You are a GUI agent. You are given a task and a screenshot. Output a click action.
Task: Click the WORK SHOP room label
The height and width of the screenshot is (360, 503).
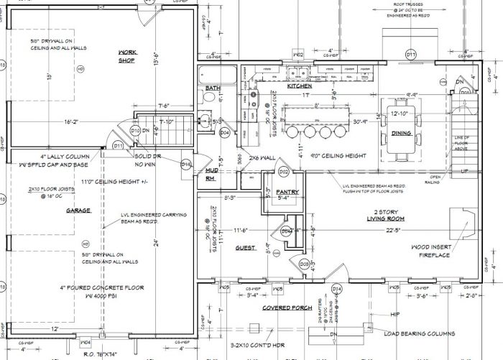pyautogui.click(x=126, y=56)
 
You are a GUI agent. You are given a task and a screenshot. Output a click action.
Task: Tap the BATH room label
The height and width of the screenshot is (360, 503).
pyautogui.click(x=213, y=88)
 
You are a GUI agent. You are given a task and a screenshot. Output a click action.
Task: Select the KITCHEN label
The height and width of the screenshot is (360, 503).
pyautogui.click(x=299, y=86)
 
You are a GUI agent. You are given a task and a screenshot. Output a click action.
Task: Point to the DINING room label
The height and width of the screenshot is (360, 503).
pyautogui.click(x=402, y=133)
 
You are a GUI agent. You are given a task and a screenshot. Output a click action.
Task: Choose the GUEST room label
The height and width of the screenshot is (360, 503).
pyautogui.click(x=246, y=248)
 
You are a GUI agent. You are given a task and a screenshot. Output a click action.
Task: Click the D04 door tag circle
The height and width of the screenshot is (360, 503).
pyautogui.click(x=225, y=133)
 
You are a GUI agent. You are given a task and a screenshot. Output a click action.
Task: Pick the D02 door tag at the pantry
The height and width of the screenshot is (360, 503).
pyautogui.click(x=283, y=172)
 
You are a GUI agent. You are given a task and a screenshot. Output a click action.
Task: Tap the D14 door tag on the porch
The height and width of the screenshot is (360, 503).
pyautogui.click(x=336, y=288)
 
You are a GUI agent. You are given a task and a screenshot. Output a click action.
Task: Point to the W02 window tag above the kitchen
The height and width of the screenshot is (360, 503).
pyautogui.click(x=298, y=55)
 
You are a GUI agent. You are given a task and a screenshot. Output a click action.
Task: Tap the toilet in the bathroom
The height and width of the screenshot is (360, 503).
pyautogui.click(x=207, y=119)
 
